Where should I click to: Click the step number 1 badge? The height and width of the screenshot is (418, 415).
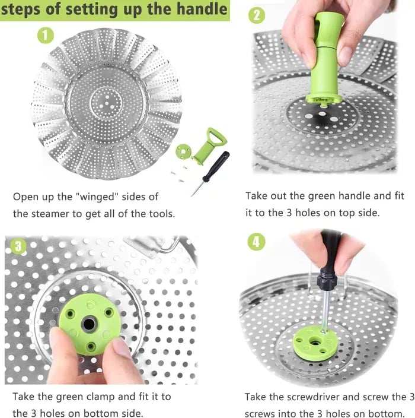click(46, 35)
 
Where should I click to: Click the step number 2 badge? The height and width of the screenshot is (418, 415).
click(256, 15)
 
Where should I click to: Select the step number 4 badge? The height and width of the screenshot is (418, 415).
click(256, 242)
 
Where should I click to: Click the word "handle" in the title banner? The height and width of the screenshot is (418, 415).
click(199, 9)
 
